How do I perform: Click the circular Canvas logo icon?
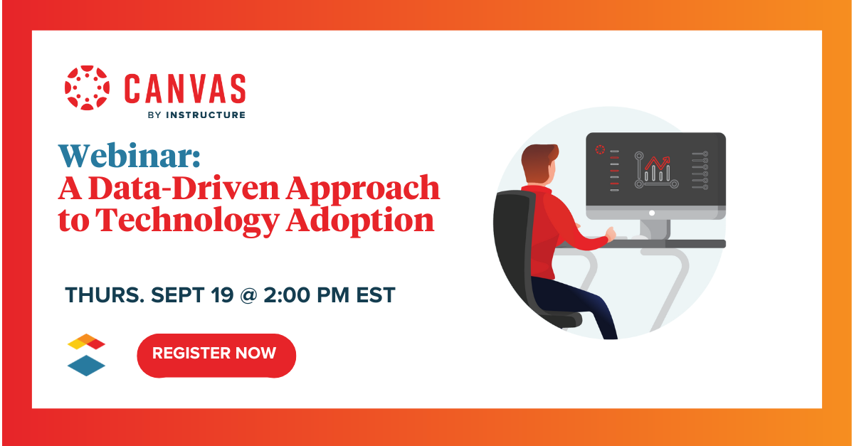pyautogui.click(x=87, y=88)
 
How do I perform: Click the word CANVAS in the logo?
pyautogui.click(x=185, y=88)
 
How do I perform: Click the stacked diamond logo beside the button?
pyautogui.click(x=86, y=354)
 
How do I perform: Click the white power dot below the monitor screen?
pyautogui.click(x=651, y=212)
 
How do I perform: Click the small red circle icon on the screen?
pyautogui.click(x=600, y=149)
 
